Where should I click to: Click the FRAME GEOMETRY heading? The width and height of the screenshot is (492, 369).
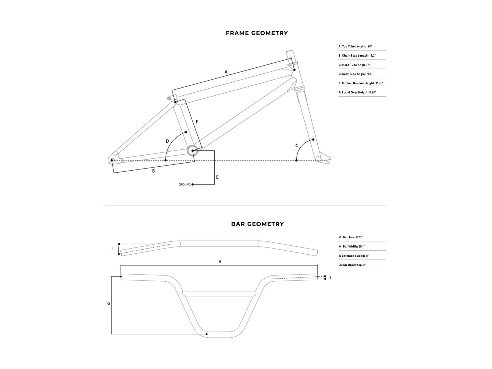(257, 33)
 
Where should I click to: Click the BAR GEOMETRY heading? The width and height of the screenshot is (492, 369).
(257, 224)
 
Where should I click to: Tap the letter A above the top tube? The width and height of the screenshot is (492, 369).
(226, 72)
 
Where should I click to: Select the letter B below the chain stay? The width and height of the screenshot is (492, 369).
(153, 171)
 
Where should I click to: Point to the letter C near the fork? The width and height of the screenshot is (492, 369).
(297, 146)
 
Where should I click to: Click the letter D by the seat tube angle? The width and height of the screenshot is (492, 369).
(167, 141)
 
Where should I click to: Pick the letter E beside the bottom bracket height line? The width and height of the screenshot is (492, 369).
(217, 177)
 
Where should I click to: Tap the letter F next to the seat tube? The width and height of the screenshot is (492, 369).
(197, 122)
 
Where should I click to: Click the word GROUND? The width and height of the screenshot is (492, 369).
(184, 184)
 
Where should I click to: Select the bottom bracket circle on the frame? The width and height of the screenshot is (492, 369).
(192, 151)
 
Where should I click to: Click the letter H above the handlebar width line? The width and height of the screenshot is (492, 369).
(220, 262)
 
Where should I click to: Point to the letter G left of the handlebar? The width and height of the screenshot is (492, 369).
(109, 304)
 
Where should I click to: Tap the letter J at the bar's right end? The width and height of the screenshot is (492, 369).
(330, 278)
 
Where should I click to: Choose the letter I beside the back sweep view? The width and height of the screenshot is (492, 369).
(113, 249)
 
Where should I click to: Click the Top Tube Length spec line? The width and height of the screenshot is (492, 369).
(355, 46)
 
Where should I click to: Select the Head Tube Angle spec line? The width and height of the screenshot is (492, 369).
(355, 65)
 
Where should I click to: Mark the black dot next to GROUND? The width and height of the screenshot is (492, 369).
(192, 184)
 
